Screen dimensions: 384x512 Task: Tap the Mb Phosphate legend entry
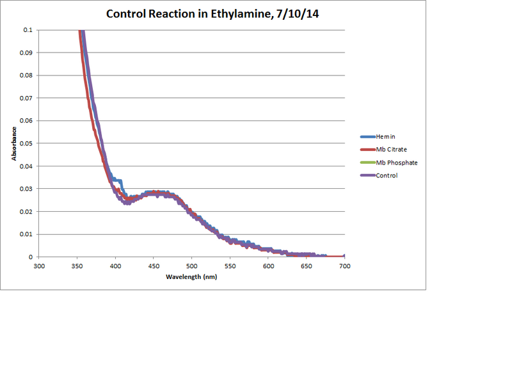click(397, 163)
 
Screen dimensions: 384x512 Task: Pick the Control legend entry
click(387, 175)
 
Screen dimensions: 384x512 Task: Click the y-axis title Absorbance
click(13, 143)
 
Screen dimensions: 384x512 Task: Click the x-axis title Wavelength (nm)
click(191, 277)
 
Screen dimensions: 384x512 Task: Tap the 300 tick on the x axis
click(39, 266)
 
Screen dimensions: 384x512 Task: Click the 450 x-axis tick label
click(154, 266)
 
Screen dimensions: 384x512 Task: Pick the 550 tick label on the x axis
click(230, 266)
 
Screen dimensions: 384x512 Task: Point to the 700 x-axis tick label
click(344, 266)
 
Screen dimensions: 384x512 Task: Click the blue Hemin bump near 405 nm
click(119, 181)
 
